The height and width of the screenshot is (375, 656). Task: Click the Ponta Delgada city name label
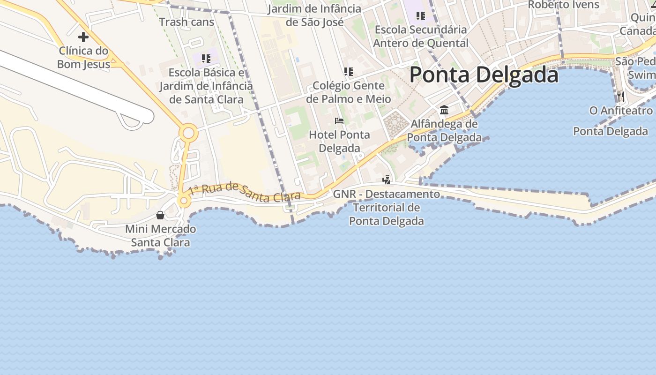pos(484,75)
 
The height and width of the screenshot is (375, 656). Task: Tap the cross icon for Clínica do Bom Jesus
pos(83,37)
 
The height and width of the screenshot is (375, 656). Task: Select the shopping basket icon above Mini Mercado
pos(160,215)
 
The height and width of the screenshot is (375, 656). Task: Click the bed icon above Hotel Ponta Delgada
pos(339,121)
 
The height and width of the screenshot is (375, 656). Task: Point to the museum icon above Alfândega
pos(444,110)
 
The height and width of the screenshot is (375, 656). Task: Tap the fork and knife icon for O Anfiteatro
pos(621,97)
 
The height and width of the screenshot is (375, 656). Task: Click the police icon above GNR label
pos(386,180)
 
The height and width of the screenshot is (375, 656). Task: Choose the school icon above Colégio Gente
pos(348,72)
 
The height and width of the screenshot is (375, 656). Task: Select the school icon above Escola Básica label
pos(206,59)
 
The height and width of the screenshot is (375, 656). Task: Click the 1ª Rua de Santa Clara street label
pos(244,193)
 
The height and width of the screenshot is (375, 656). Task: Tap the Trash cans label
pos(186,22)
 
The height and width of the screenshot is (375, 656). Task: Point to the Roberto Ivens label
pos(563,5)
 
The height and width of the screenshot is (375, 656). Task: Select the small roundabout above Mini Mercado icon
pos(184,201)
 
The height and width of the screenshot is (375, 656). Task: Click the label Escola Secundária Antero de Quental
pos(421,37)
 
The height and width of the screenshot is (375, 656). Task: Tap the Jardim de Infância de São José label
pos(314,15)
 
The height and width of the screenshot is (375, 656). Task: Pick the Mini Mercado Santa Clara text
pos(160,236)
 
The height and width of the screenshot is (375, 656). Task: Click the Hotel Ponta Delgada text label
pos(339,142)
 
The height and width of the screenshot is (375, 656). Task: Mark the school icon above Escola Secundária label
pos(420,16)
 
